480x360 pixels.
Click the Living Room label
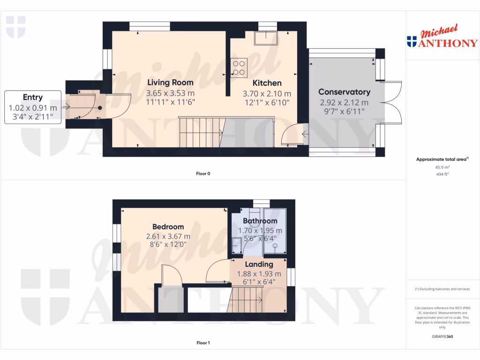170,82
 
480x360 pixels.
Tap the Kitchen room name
267,83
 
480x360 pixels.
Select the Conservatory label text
344,92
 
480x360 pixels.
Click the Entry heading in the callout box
32,97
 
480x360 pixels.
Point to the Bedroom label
167,227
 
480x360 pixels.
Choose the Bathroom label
260,221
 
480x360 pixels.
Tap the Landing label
259,264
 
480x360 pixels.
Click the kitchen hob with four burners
238,68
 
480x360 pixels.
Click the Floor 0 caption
203,173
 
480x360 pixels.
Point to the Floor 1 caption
203,343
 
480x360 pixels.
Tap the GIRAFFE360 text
442,337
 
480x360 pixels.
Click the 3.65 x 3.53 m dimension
170,93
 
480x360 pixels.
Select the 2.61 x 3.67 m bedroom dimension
167,237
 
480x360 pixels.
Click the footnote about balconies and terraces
442,289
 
